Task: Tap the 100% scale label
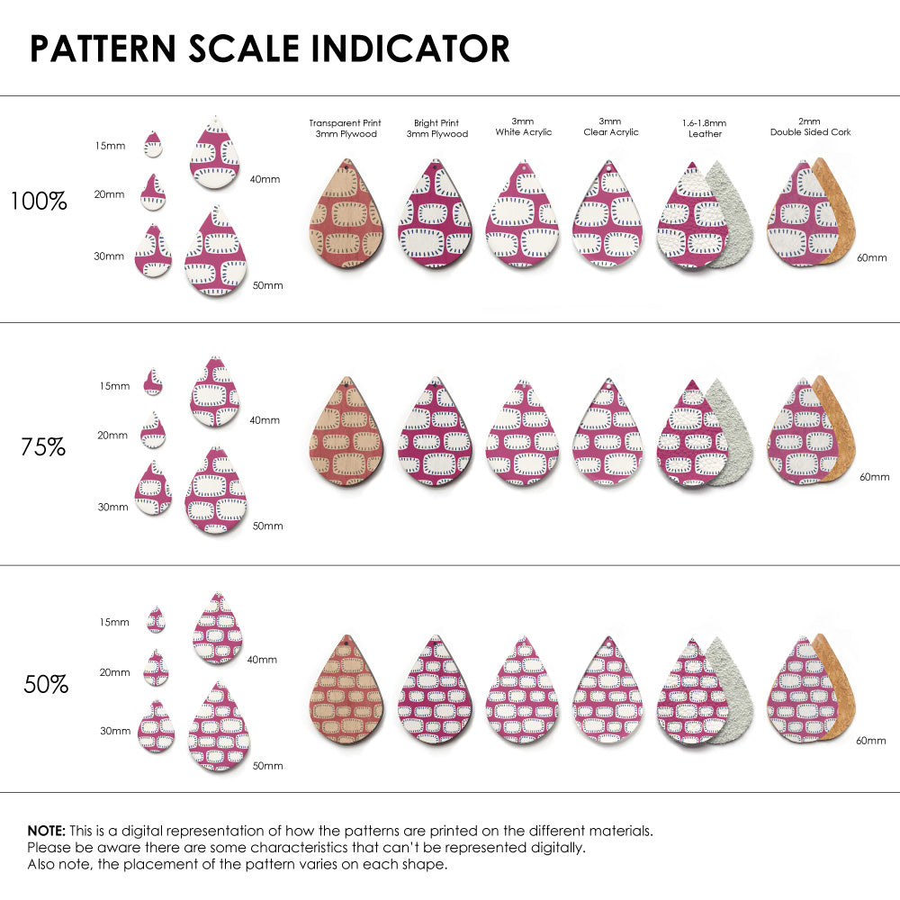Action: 39,202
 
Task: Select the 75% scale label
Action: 43,446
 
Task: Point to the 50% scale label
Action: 46,685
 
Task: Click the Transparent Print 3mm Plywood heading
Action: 345,128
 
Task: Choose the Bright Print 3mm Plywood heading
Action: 436,128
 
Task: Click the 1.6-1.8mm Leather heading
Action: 705,128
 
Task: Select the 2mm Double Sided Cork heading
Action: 810,127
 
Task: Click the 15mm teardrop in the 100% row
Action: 153,145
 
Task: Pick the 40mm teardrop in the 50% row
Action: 218,629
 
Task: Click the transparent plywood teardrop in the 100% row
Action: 346,216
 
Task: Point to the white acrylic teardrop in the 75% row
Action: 523,434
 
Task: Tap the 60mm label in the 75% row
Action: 874,476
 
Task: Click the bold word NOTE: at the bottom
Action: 46,830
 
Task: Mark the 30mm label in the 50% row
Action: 115,731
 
